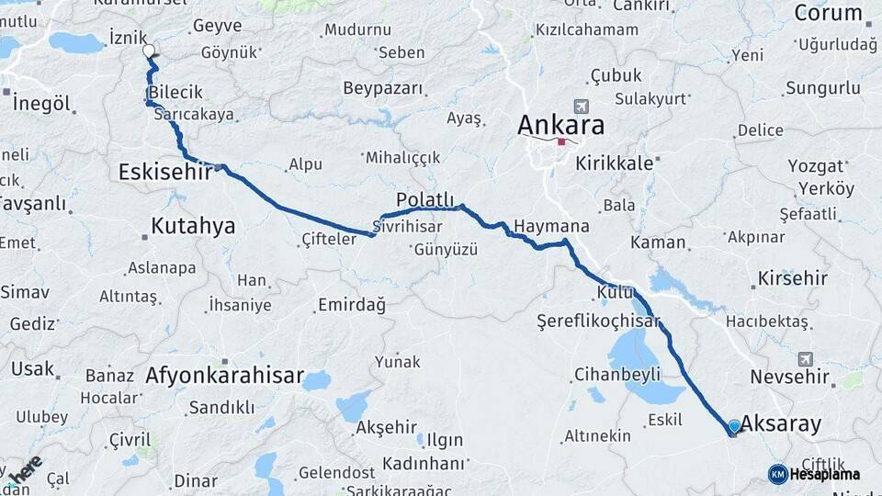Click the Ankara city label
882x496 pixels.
(x=560, y=123)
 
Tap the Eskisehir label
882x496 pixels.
(x=165, y=172)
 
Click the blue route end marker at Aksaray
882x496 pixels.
(x=734, y=426)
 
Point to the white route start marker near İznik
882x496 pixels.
(x=149, y=52)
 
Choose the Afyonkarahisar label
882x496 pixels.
(x=224, y=376)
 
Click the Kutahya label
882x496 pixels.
(x=193, y=226)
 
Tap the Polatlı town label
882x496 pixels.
(x=425, y=200)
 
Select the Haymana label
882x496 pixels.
(x=551, y=226)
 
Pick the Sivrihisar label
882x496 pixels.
(x=408, y=226)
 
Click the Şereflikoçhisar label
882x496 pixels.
(x=599, y=321)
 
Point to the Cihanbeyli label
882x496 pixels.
(x=616, y=374)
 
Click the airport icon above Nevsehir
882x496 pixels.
(x=807, y=359)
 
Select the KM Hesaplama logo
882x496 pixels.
(x=814, y=474)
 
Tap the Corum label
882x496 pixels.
(x=828, y=13)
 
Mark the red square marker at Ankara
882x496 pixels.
(x=561, y=141)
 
